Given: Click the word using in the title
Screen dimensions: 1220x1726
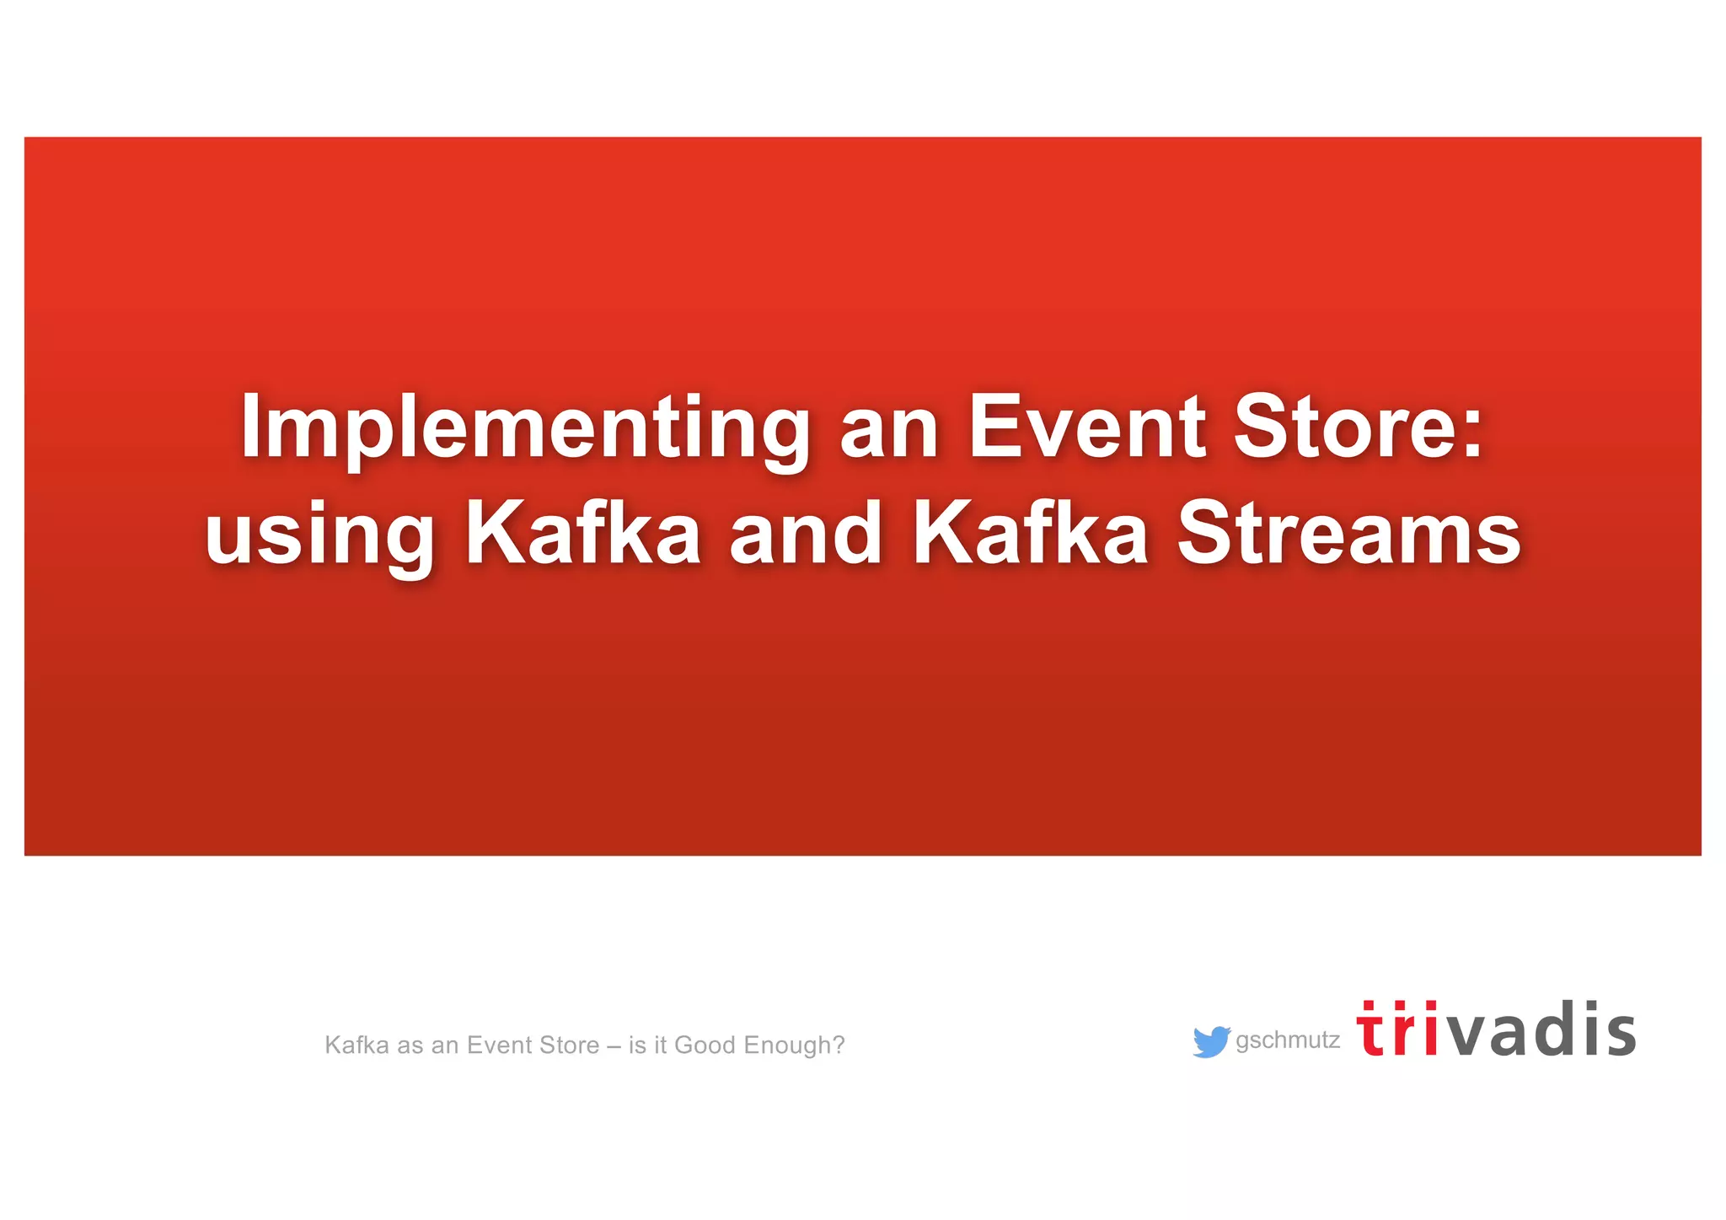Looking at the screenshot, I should click(319, 535).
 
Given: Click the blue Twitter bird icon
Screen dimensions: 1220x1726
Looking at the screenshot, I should click(1211, 1041).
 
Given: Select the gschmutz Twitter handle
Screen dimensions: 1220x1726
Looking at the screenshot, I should click(1288, 1040).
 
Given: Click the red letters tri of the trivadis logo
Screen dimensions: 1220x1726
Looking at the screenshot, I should click(1397, 1029).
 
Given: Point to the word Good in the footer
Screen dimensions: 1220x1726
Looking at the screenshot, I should click(705, 1045).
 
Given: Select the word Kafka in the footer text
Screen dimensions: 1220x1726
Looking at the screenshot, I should click(357, 1045).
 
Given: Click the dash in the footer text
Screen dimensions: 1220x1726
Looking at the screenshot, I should click(614, 1046).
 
